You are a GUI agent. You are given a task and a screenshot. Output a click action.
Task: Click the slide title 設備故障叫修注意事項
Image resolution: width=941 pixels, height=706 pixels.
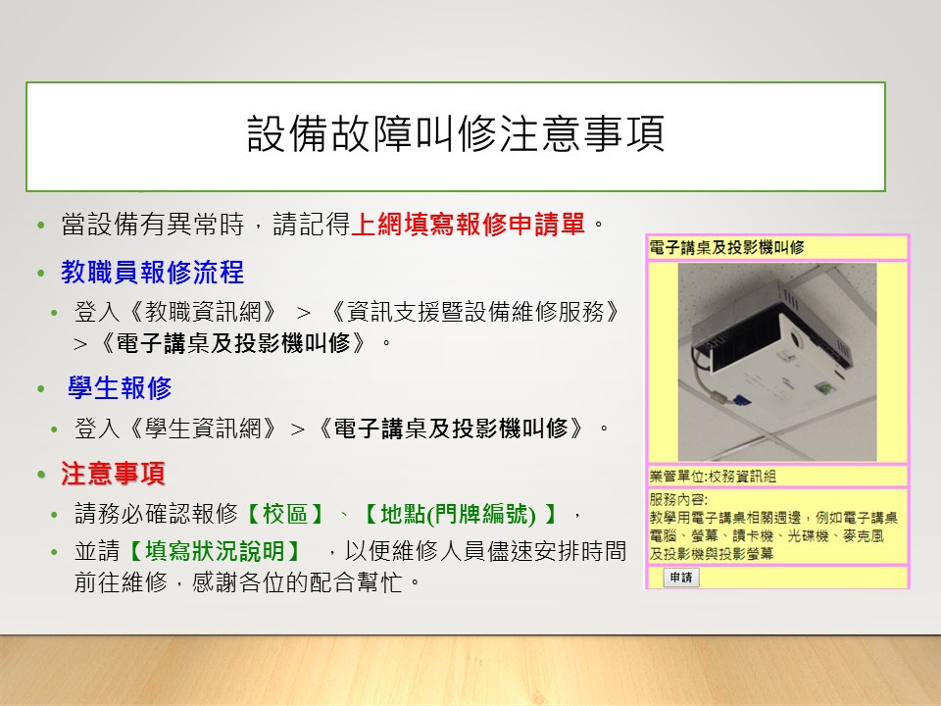pos(456,134)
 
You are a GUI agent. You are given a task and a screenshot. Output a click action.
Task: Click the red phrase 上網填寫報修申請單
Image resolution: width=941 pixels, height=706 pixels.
pos(468,225)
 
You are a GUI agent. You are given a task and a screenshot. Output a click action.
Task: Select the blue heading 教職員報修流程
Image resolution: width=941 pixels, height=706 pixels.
pos(153,272)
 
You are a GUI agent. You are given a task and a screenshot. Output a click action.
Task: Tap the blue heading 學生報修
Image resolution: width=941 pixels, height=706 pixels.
pos(120,388)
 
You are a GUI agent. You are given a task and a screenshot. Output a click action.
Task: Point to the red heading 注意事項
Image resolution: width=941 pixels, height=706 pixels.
pos(113,473)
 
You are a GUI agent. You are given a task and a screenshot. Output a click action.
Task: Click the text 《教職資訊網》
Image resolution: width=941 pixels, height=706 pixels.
pos(204,312)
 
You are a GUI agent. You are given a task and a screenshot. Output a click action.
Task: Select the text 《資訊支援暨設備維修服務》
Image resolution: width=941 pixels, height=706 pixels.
pos(475,312)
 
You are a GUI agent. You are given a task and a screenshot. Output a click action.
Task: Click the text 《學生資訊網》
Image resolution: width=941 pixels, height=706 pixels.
pos(204,429)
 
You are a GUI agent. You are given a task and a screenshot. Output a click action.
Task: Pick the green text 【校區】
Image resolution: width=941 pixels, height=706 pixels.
pos(285,514)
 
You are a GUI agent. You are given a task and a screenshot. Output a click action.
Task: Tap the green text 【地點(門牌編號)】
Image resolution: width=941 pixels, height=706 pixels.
pos(461,514)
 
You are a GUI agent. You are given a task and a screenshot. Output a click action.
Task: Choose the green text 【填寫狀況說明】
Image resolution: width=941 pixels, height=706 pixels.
pos(215,551)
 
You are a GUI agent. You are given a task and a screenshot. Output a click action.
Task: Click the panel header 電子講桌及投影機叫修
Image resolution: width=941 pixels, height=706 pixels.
pos(726,247)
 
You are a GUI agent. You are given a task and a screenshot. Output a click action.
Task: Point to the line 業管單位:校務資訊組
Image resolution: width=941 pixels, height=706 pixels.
pos(713,477)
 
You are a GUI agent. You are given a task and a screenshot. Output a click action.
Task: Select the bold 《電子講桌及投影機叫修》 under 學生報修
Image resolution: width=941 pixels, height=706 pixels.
pos(450,429)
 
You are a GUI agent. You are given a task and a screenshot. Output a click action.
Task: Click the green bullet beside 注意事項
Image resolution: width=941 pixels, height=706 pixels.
pos(41,475)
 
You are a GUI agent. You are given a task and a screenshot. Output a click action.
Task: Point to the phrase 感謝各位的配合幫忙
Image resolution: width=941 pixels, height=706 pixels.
pos(298,582)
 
